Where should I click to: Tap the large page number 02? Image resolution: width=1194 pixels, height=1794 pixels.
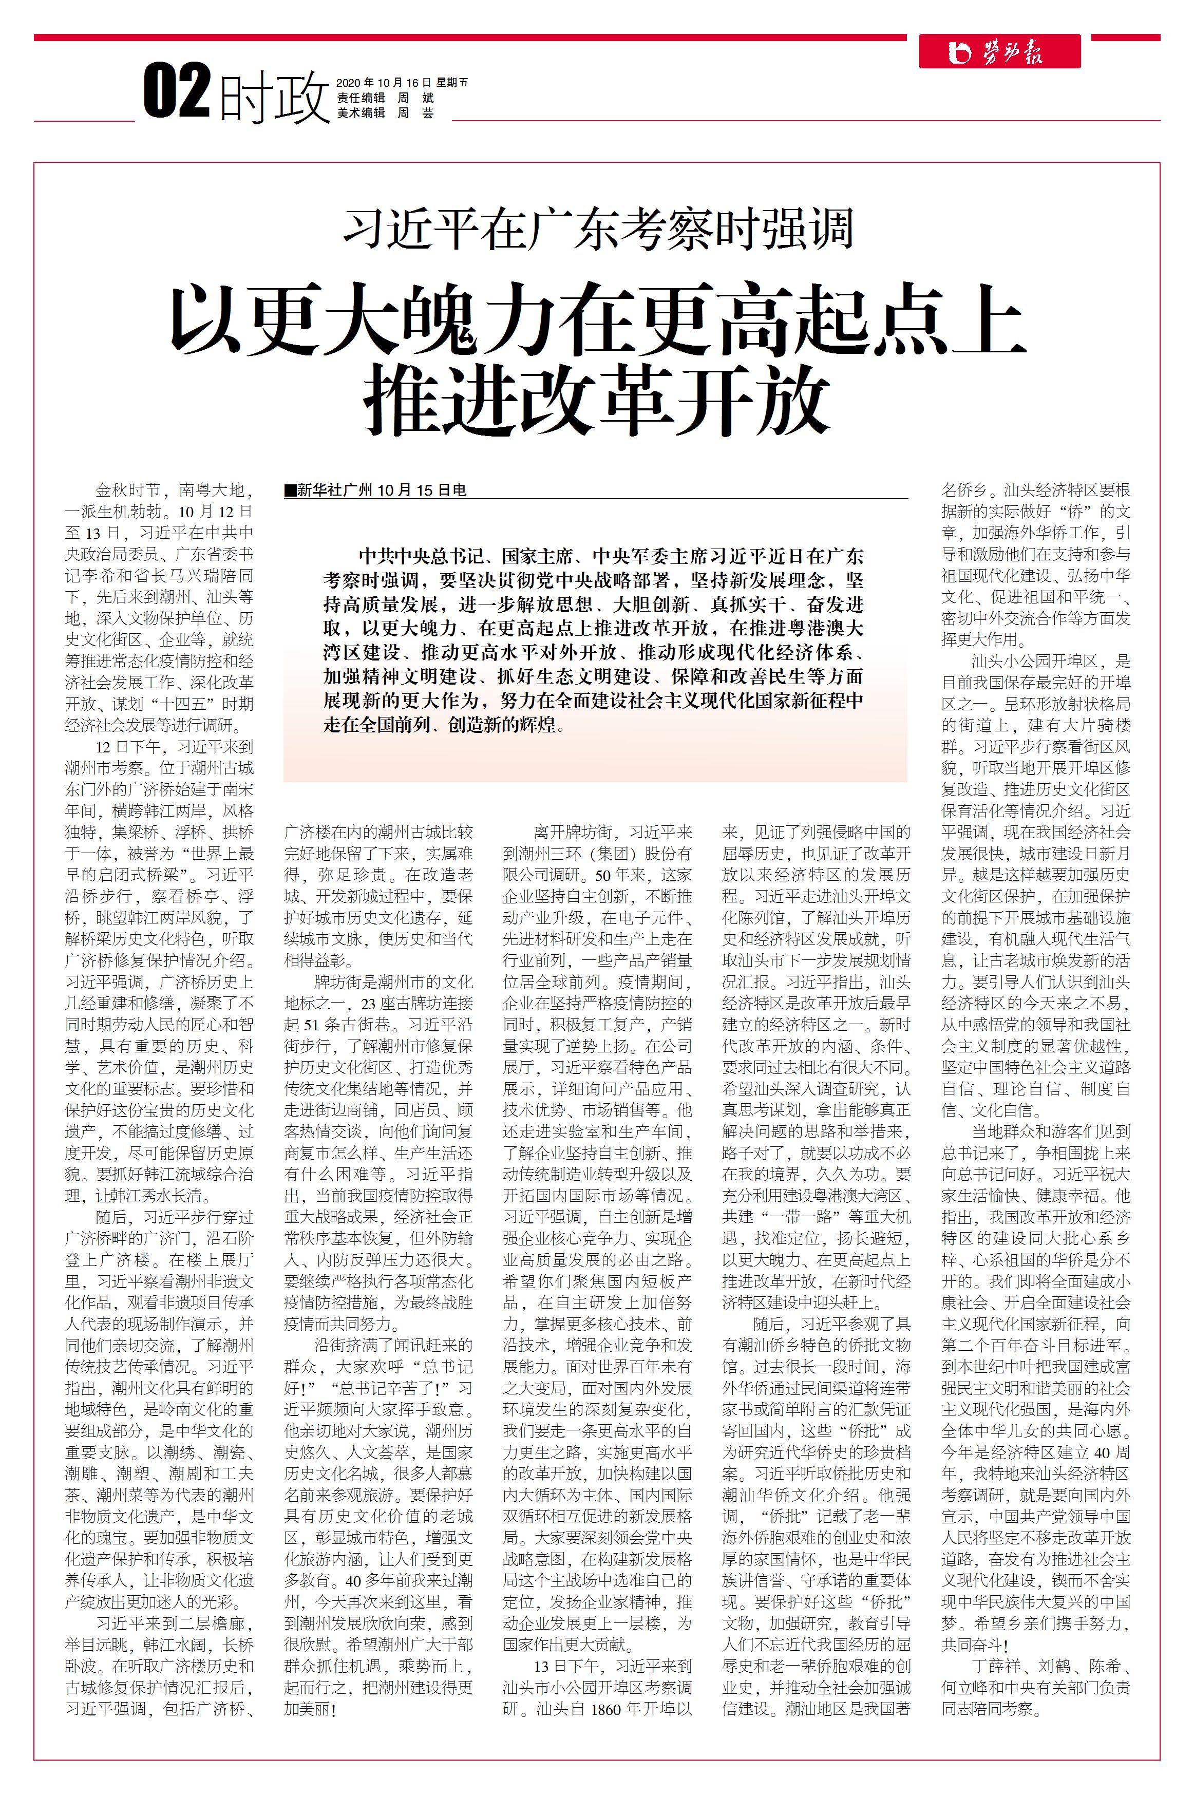click(177, 92)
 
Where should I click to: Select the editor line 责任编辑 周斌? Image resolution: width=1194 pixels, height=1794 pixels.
click(385, 98)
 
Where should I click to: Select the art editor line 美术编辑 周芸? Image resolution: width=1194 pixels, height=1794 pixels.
click(385, 112)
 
